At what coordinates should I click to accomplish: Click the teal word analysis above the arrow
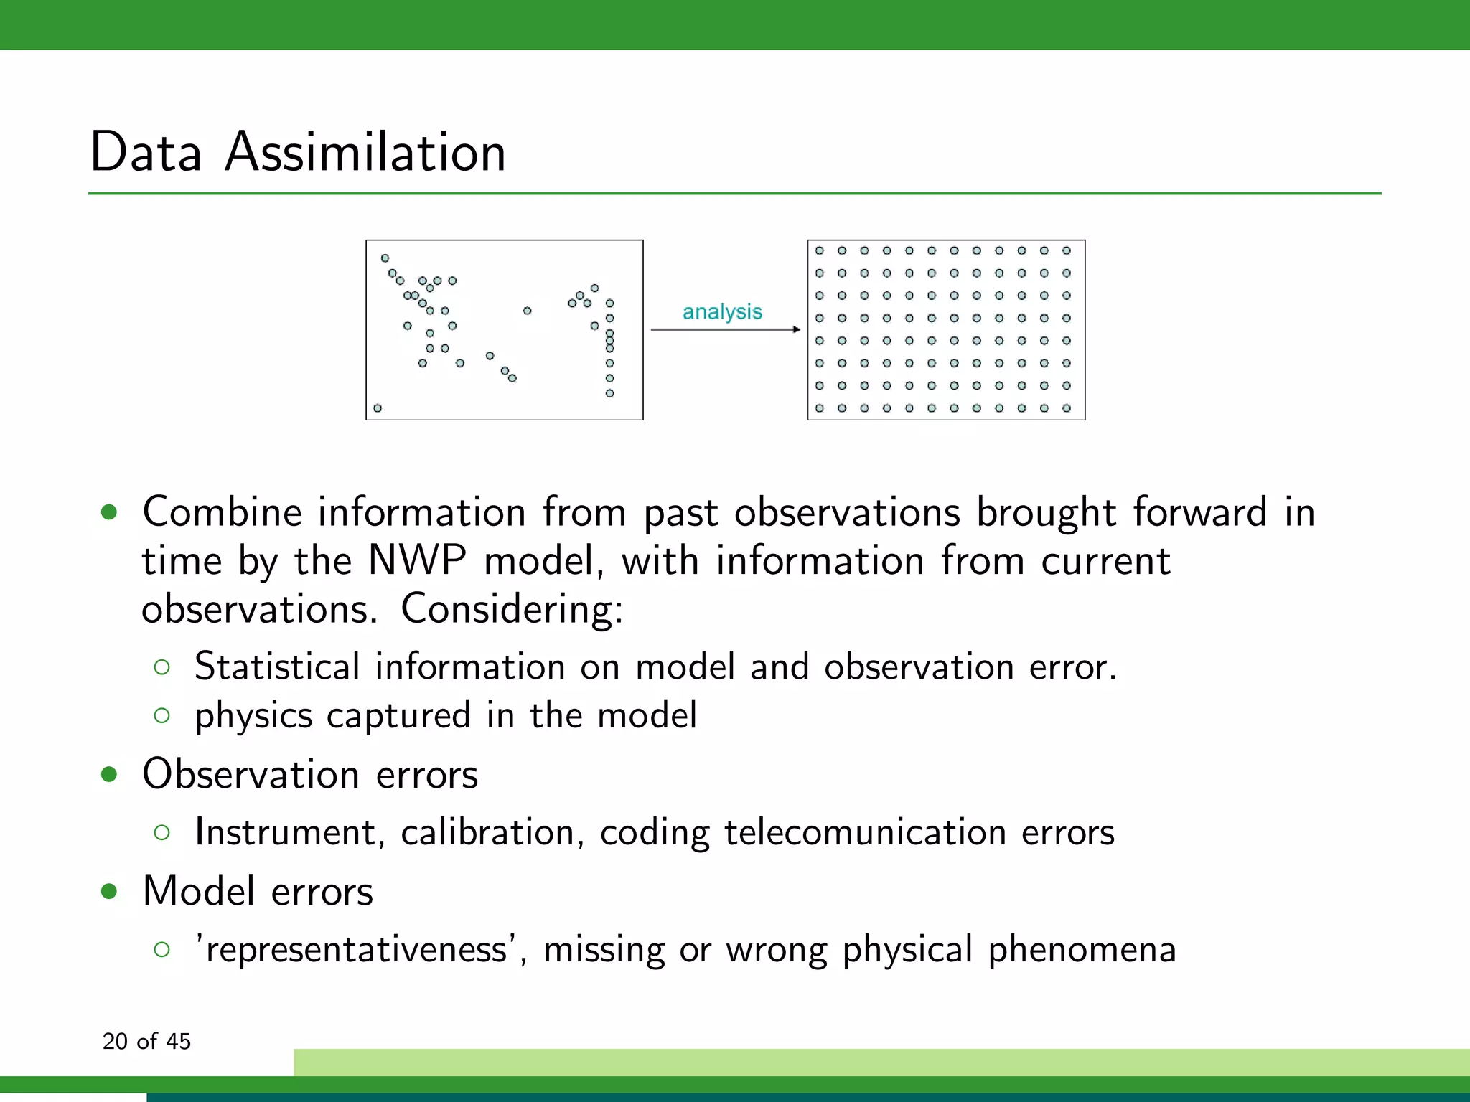click(x=721, y=311)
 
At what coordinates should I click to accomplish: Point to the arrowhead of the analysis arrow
click(x=797, y=329)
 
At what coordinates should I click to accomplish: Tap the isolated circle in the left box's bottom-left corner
click(x=378, y=408)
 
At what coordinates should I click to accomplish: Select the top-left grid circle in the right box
click(x=820, y=250)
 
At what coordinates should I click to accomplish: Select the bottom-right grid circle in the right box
click(x=1067, y=408)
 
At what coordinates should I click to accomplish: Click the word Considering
click(x=511, y=608)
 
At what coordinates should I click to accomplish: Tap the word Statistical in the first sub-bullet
click(x=277, y=666)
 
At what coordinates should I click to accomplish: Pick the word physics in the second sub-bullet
click(x=253, y=716)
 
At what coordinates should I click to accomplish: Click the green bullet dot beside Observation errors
click(x=109, y=774)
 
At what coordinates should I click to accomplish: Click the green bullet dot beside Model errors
click(x=109, y=891)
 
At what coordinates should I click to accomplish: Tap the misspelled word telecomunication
click(x=865, y=832)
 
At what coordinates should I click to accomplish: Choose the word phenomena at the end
click(x=1082, y=950)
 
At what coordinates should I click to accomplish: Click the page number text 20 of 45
click(x=146, y=1041)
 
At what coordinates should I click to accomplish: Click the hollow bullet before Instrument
click(x=162, y=832)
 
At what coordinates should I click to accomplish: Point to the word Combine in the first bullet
click(x=222, y=512)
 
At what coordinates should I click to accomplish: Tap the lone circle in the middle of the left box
click(x=527, y=311)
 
